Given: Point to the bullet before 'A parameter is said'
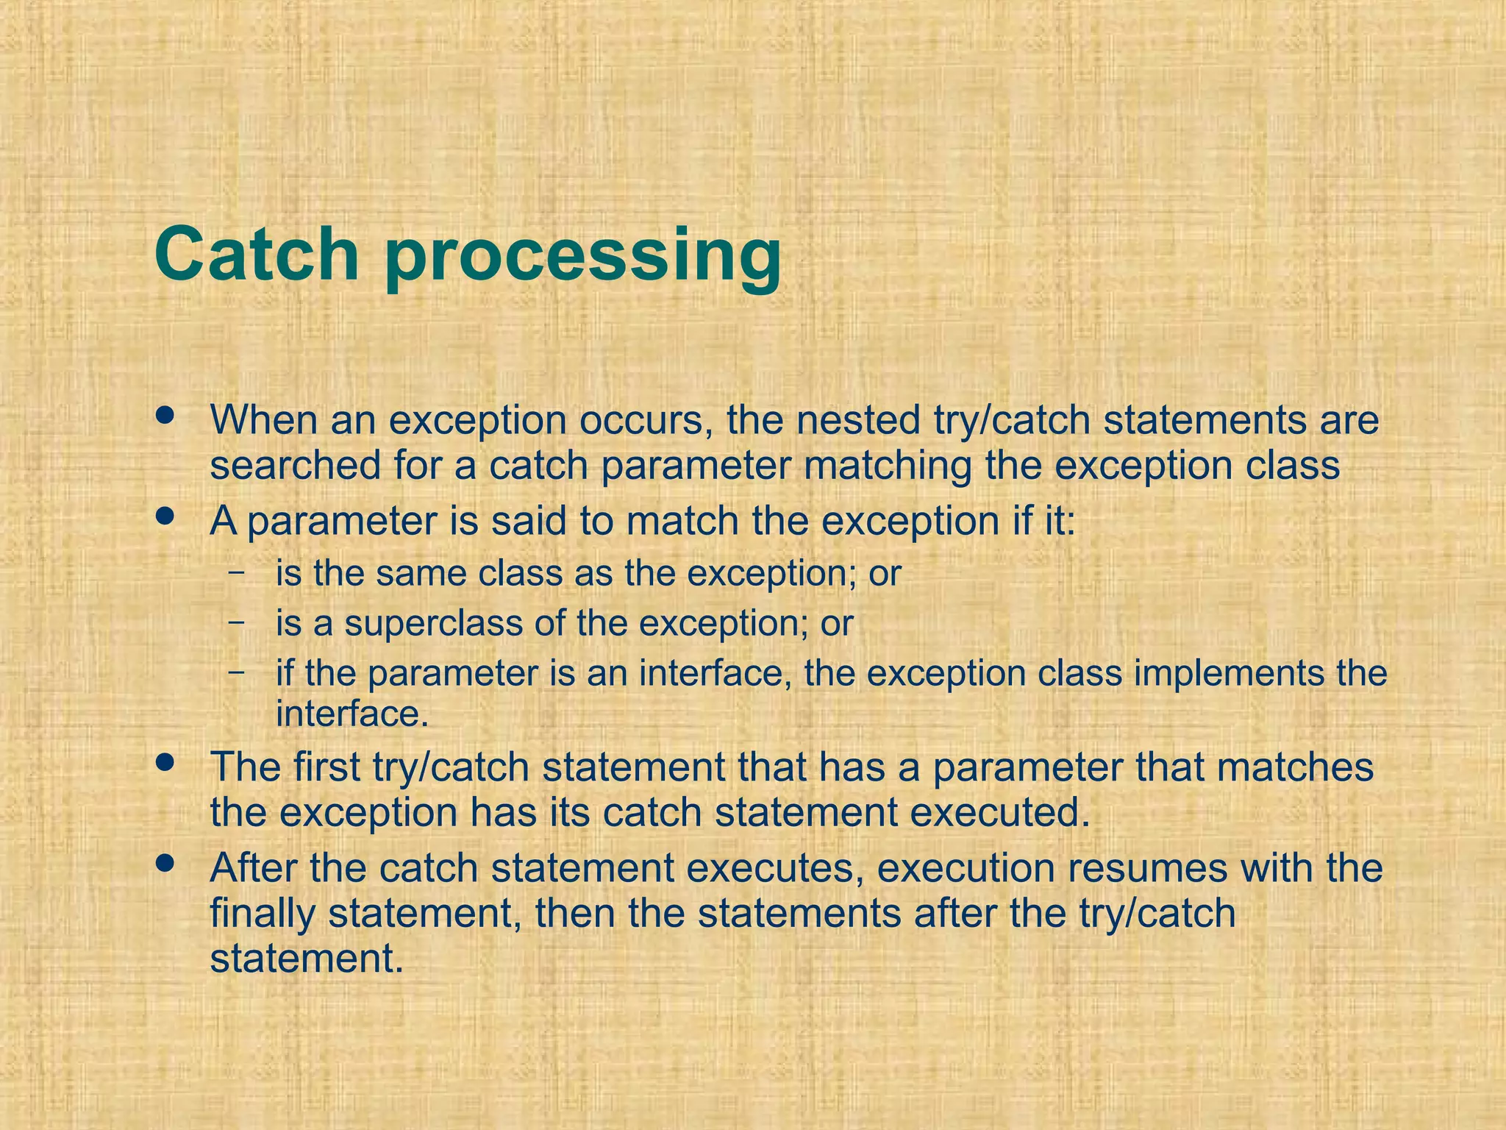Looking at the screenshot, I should pyautogui.click(x=165, y=516).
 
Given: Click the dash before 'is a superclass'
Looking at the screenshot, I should pyautogui.click(x=237, y=620).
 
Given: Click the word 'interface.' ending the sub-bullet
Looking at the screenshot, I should pyautogui.click(x=352, y=713).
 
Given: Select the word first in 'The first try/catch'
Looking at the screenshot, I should pyautogui.click(x=326, y=767).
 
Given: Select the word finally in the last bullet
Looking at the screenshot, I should pyautogui.click(x=263, y=914).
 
